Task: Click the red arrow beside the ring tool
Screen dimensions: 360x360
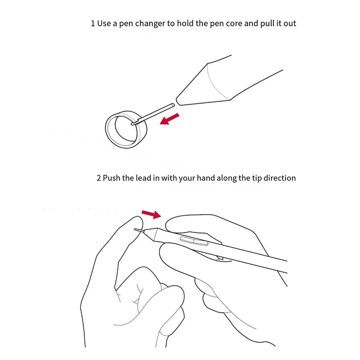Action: pos(169,119)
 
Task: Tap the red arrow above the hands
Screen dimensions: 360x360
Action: pos(151,214)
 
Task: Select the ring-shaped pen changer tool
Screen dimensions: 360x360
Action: pos(126,129)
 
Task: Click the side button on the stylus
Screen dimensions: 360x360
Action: pos(194,241)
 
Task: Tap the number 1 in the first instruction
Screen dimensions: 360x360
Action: pos(93,23)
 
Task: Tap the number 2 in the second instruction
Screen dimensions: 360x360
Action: pos(99,178)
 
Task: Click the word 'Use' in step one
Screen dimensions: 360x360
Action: pos(104,23)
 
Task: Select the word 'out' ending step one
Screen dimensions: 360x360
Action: pos(290,24)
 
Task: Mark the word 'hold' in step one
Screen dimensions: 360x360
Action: pos(185,23)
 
